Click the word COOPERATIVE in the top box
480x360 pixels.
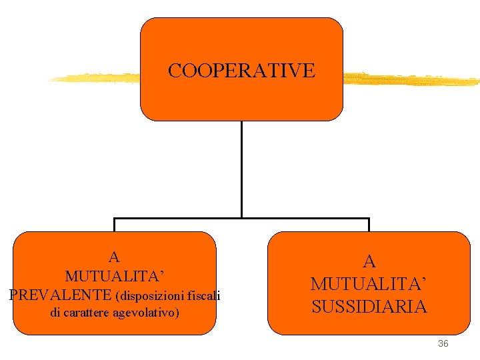point(241,71)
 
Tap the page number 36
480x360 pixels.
point(443,343)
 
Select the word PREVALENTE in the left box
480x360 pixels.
point(61,294)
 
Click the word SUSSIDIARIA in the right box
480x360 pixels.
point(369,307)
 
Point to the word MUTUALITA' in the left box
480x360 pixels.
point(114,275)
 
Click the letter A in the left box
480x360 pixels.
point(114,257)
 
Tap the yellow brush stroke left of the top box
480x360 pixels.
point(93,78)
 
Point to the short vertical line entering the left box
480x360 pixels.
point(115,225)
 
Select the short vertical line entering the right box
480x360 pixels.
point(369,225)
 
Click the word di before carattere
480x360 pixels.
point(56,312)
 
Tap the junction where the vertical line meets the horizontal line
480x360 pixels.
point(241,217)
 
